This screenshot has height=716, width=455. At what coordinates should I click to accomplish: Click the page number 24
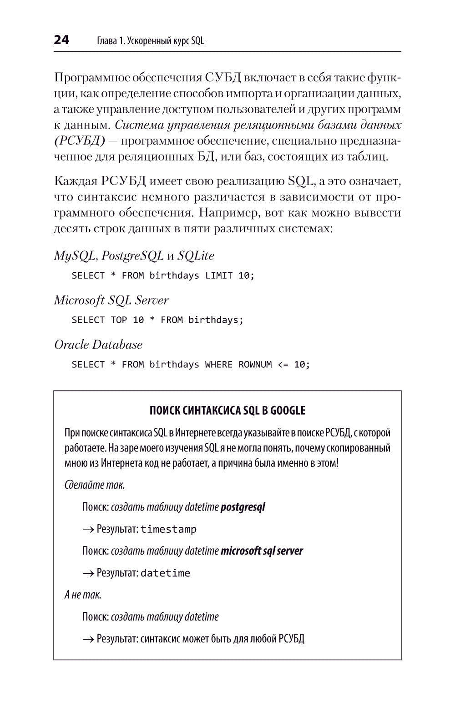pos(61,40)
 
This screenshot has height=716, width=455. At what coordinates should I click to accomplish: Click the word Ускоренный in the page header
pos(148,41)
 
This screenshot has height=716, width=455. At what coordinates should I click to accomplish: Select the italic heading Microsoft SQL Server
pos(111,300)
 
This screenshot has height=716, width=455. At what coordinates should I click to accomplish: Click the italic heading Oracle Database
pos(98,345)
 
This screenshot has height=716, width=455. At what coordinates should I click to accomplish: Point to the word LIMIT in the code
pos(219,275)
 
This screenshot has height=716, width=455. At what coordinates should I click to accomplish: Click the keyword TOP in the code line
pos(119,320)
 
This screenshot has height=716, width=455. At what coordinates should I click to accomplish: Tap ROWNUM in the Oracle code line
pos(255,365)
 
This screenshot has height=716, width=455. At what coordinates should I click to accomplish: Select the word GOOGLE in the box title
pos(288,411)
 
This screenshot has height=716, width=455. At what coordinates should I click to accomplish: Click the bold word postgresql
pos(243,507)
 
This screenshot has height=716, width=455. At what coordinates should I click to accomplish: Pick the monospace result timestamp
pos(168,529)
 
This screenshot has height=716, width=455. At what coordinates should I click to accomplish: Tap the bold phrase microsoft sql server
pos(262,551)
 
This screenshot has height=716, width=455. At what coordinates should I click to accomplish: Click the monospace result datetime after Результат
pos(165,573)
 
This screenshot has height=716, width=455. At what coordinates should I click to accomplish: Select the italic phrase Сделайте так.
pos(95,485)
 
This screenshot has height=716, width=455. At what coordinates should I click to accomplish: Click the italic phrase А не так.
pos(83,595)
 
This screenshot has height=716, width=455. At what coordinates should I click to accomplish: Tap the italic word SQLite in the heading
pos(196,256)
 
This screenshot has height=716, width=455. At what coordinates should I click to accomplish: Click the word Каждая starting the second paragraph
pos(75,181)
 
